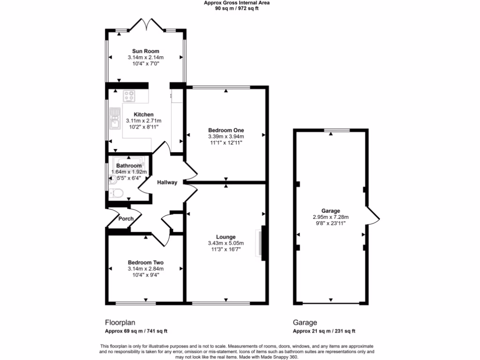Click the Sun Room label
click(x=145, y=51)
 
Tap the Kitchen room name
click(x=143, y=114)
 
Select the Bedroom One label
click(x=226, y=130)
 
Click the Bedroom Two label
click(x=145, y=262)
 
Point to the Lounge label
click(x=226, y=237)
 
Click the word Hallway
click(x=167, y=183)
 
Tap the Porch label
click(x=126, y=219)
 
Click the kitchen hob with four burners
click(x=129, y=96)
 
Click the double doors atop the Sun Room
click(x=146, y=24)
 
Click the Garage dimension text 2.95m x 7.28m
click(x=330, y=217)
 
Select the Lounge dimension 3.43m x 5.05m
click(x=226, y=243)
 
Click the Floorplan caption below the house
click(x=118, y=322)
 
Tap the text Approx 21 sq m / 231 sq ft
click(x=324, y=331)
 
